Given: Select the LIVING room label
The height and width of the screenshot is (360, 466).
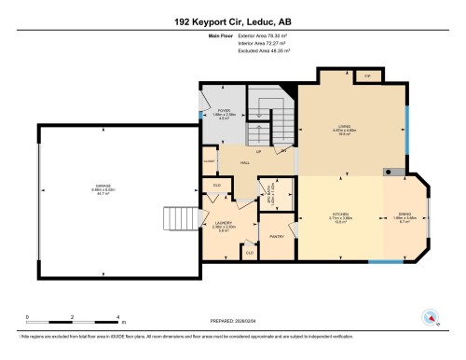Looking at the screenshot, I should [343, 131].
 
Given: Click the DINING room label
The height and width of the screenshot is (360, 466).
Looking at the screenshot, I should [404, 215].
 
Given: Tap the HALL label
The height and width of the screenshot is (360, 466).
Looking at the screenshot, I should [245, 163].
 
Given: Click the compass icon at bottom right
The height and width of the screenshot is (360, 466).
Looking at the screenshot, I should [431, 315].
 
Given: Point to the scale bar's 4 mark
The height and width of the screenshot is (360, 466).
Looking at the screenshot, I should [118, 317].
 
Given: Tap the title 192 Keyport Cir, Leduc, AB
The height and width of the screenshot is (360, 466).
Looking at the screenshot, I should [233, 21].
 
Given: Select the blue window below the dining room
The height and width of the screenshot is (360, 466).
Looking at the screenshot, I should [383, 261].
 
